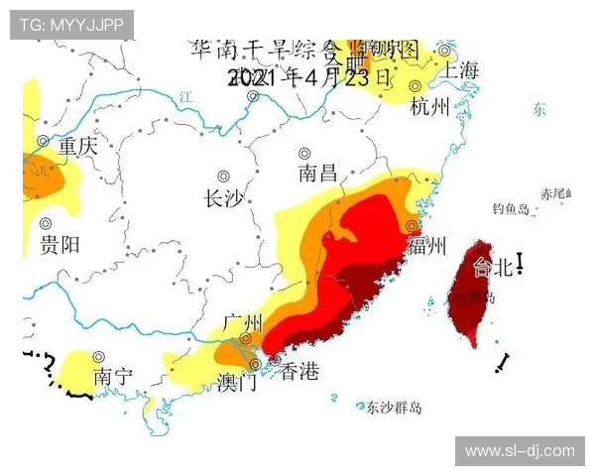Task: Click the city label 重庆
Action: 77,147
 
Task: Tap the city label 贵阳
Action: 59,245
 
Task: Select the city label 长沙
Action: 222,198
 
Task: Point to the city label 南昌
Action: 317,174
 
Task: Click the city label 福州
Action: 426,246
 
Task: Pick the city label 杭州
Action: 429,106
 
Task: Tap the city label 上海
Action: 461,70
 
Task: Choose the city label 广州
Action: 242,323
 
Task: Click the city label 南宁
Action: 113,377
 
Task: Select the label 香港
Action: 299,372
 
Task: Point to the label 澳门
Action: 237,382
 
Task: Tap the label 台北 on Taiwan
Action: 493,267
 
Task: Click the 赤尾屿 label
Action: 553,192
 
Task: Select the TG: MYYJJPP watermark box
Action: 71,24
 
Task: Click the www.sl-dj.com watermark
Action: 519,451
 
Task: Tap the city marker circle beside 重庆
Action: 43,142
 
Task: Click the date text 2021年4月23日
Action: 309,77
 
